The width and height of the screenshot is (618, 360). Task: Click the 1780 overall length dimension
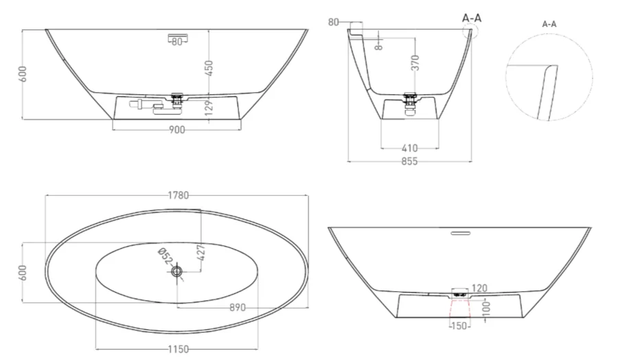click(x=178, y=196)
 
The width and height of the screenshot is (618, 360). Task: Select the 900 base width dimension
click(x=176, y=131)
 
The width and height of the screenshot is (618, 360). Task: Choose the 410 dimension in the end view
click(x=410, y=148)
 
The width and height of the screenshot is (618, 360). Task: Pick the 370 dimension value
click(x=415, y=65)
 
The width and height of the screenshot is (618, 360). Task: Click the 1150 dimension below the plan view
click(x=178, y=349)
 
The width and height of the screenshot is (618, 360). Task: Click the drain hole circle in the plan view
click(x=177, y=272)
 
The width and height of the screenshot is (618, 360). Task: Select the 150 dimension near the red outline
click(x=459, y=326)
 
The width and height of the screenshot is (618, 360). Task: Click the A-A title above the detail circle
click(x=549, y=24)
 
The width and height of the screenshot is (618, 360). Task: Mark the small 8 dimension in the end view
click(x=378, y=46)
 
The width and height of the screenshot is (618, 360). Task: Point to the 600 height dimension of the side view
click(x=23, y=74)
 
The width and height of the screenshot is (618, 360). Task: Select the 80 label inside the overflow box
click(x=177, y=42)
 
